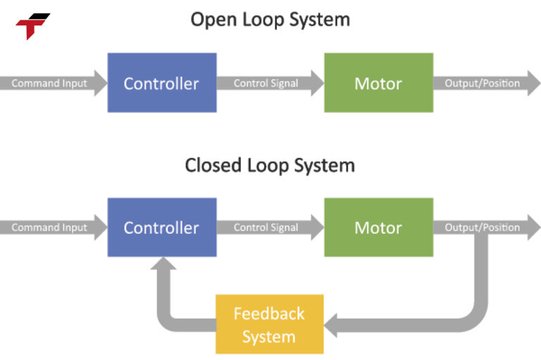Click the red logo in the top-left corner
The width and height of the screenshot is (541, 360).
(32, 26)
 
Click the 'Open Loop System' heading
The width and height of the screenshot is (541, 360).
(270, 19)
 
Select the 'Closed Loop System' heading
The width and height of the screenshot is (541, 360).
(270, 166)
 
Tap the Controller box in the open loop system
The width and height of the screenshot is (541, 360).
(161, 83)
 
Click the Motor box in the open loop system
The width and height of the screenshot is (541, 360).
(378, 83)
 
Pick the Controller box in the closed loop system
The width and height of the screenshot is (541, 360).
(161, 228)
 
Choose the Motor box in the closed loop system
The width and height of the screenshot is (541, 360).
(378, 228)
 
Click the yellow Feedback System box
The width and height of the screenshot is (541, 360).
(269, 324)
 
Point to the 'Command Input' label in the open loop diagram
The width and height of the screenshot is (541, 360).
(49, 83)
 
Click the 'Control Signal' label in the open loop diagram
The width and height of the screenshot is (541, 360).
(266, 83)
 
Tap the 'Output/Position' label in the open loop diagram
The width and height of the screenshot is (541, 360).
(482, 83)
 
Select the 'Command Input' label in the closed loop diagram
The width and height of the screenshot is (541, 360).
(49, 228)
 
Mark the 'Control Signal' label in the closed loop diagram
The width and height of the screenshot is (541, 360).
(266, 228)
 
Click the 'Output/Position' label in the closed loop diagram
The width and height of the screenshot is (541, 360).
(482, 228)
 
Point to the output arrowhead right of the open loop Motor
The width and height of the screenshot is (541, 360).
(530, 83)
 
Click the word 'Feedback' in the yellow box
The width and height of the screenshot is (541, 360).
(269, 314)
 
